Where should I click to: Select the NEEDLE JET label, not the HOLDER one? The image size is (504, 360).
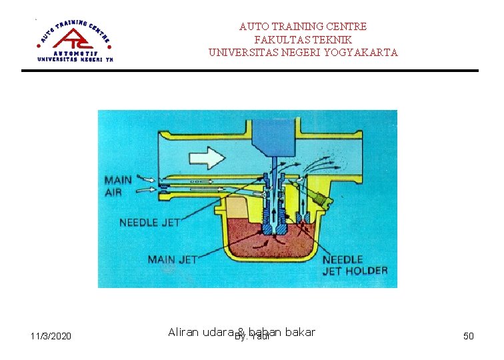pos(149,223)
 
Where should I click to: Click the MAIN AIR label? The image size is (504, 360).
pos(118,186)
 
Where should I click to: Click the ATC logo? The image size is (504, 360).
pos(75,39)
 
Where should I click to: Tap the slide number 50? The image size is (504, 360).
pos(469,336)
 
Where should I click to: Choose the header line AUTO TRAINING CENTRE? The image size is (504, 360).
pos(303,27)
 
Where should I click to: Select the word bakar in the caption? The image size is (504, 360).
pos(300,332)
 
